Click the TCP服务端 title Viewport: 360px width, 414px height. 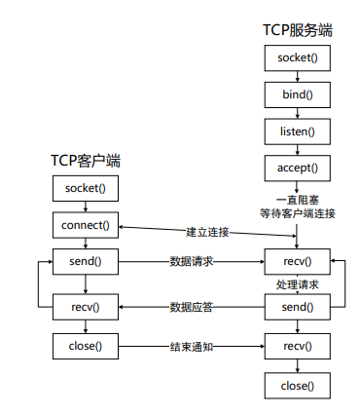click(x=297, y=29)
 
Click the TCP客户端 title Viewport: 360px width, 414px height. click(x=87, y=160)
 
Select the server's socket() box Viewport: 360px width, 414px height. click(x=297, y=57)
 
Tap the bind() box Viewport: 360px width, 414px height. click(x=297, y=94)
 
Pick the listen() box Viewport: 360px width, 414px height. click(x=297, y=131)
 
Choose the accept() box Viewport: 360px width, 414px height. click(x=297, y=167)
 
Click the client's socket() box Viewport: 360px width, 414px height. click(x=87, y=188)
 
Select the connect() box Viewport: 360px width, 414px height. click(x=87, y=225)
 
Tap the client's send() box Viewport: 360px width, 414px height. click(x=87, y=261)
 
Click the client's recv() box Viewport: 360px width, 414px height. click(x=87, y=307)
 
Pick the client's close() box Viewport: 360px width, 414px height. click(x=87, y=345)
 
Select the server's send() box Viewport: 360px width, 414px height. click(x=297, y=307)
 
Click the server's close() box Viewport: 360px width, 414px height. click(x=297, y=386)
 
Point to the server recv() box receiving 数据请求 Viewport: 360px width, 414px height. click(x=297, y=261)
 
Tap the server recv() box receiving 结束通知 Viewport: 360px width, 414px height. click(x=297, y=345)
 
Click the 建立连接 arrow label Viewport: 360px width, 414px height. click(x=206, y=232)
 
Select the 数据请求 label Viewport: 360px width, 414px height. click(x=192, y=261)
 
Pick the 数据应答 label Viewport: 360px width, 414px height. click(x=192, y=307)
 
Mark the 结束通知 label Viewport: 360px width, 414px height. click(x=192, y=345)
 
